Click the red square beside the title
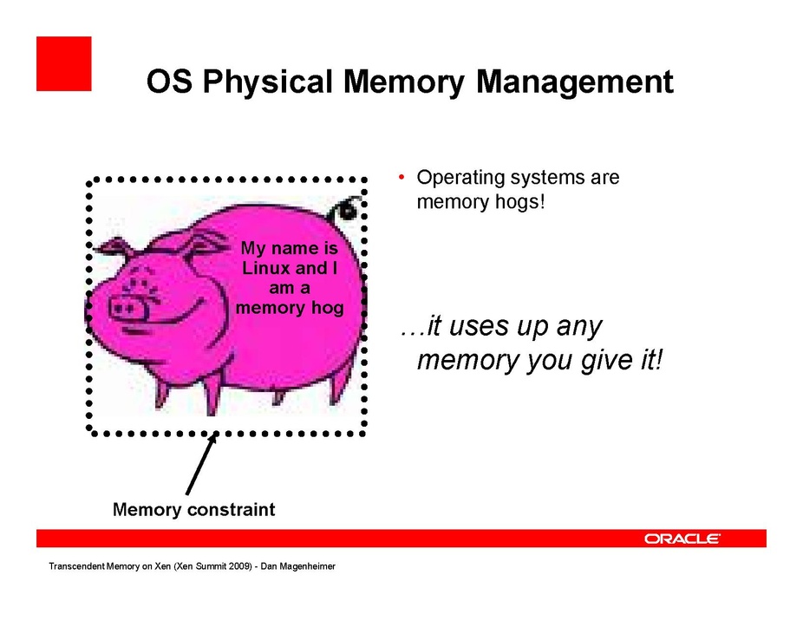point(64,63)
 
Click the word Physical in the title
point(267,82)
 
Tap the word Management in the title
point(575,82)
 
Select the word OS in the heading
point(169,82)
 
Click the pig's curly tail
point(346,208)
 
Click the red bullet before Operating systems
point(401,178)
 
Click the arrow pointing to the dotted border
point(202,464)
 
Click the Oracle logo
point(682,539)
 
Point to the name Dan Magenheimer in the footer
point(298,566)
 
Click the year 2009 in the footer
point(241,566)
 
